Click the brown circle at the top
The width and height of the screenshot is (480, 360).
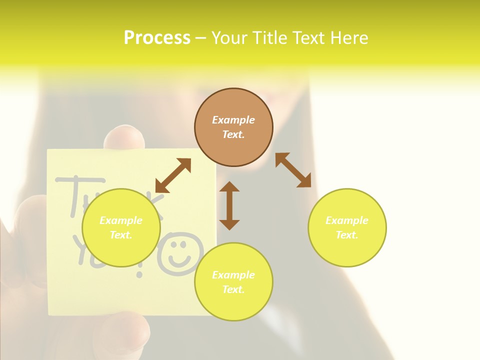[233, 127]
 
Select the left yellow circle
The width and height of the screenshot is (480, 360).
[121, 227]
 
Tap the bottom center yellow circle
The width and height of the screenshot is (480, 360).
[233, 282]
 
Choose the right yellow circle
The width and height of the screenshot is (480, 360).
[347, 227]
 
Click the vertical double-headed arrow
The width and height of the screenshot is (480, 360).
[229, 205]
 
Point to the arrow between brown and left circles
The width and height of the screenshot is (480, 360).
[173, 175]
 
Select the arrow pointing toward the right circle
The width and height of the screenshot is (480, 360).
[293, 170]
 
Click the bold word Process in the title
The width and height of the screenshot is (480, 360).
[157, 37]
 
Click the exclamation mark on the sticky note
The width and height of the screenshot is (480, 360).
[140, 267]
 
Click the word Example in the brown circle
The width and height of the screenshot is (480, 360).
[233, 120]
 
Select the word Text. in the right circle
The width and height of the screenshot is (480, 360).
[347, 235]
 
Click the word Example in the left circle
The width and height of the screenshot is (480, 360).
[121, 220]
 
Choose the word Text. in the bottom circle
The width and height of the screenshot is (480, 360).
[233, 289]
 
